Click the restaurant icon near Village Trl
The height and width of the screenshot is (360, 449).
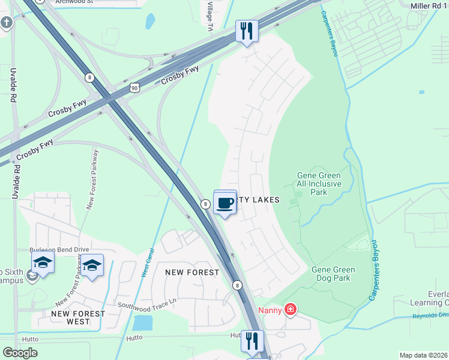coord(246,31)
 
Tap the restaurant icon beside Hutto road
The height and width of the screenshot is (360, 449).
coord(253,341)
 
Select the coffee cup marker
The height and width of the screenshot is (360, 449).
coord(225,203)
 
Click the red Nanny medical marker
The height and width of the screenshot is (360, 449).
coord(291,310)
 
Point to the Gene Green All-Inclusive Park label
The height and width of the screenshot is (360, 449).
coord(319,184)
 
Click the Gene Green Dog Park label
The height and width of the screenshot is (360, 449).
coord(333,274)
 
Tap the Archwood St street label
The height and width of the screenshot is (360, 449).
coord(75,2)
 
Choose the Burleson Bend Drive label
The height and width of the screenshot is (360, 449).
coord(59,249)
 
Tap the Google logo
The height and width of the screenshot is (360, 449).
coord(20,353)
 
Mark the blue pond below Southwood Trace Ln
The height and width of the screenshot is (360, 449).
coord(142,323)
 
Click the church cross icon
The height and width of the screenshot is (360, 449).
coord(7,23)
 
